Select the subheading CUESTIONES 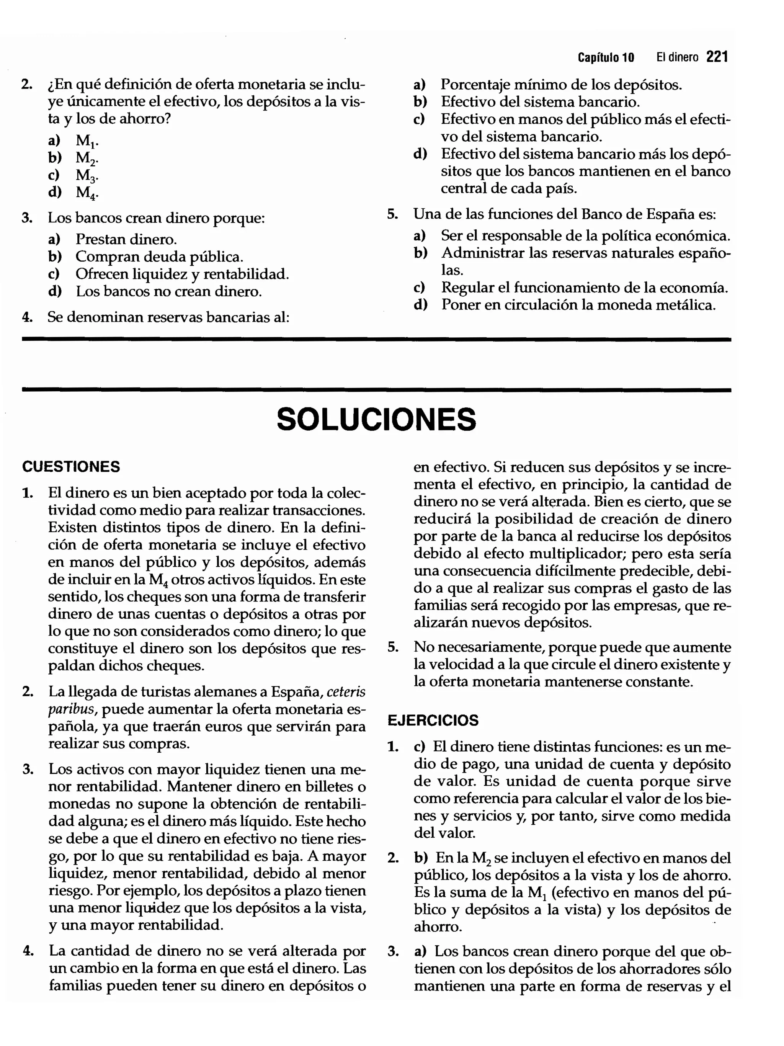click(71, 467)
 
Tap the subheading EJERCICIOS click(433, 720)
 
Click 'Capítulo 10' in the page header click(605, 58)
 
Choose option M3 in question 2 click(87, 175)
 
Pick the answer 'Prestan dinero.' click(126, 239)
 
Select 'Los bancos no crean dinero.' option click(168, 291)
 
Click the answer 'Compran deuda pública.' click(159, 257)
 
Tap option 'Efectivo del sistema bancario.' click(540, 102)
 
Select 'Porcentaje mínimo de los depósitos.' click(561, 85)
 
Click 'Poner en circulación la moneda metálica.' click(578, 305)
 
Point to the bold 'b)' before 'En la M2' click(420, 858)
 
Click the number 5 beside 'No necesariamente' click(392, 647)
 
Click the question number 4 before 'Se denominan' click(27, 317)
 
